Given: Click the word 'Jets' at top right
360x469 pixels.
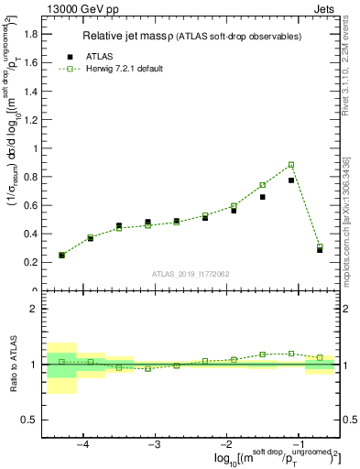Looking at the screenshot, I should tap(327, 8).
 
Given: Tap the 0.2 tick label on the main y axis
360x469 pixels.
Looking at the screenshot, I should tap(30, 262).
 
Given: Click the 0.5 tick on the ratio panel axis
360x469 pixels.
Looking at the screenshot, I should tap(30, 420).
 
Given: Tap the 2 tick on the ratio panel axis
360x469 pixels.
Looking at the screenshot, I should tap(35, 309).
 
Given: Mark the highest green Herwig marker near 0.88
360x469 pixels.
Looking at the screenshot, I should tap(291, 165).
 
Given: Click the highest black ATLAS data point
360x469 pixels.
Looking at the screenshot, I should tap(291, 180).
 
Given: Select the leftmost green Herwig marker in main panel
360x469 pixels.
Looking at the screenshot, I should tap(61, 256).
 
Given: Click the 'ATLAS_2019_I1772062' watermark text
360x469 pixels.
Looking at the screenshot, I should tap(191, 274).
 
